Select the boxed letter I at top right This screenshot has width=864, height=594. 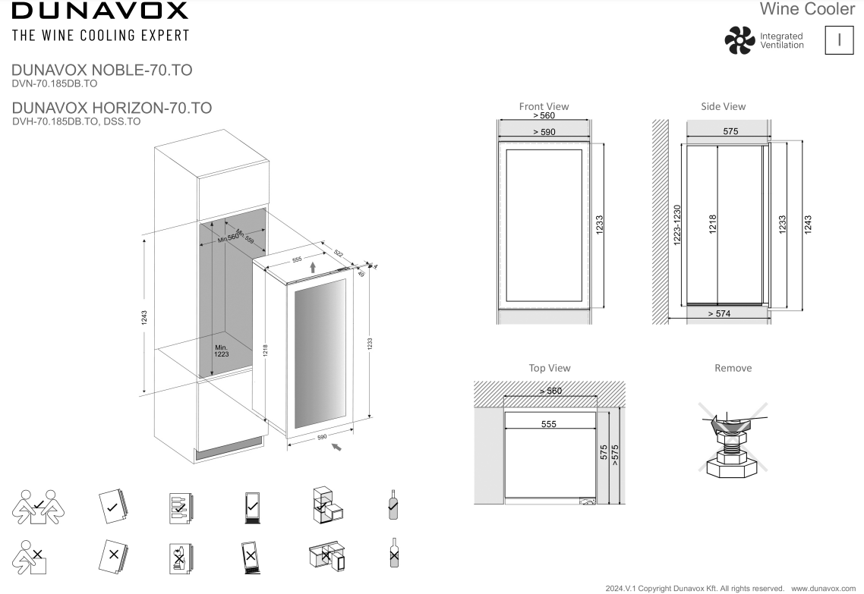click(x=838, y=41)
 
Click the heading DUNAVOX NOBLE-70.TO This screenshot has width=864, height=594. click(x=102, y=71)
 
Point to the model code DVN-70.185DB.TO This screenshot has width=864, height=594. click(x=55, y=83)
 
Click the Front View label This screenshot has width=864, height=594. click(x=544, y=106)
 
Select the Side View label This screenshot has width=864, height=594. click(x=724, y=106)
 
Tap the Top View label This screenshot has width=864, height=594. click(x=550, y=368)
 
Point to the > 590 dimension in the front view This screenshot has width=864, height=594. click(x=544, y=132)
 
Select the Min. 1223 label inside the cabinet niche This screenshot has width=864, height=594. click(x=221, y=350)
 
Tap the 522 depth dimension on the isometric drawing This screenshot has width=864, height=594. click(x=338, y=253)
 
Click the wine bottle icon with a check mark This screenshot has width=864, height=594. click(x=393, y=504)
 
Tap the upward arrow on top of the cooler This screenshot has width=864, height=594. click(x=311, y=265)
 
